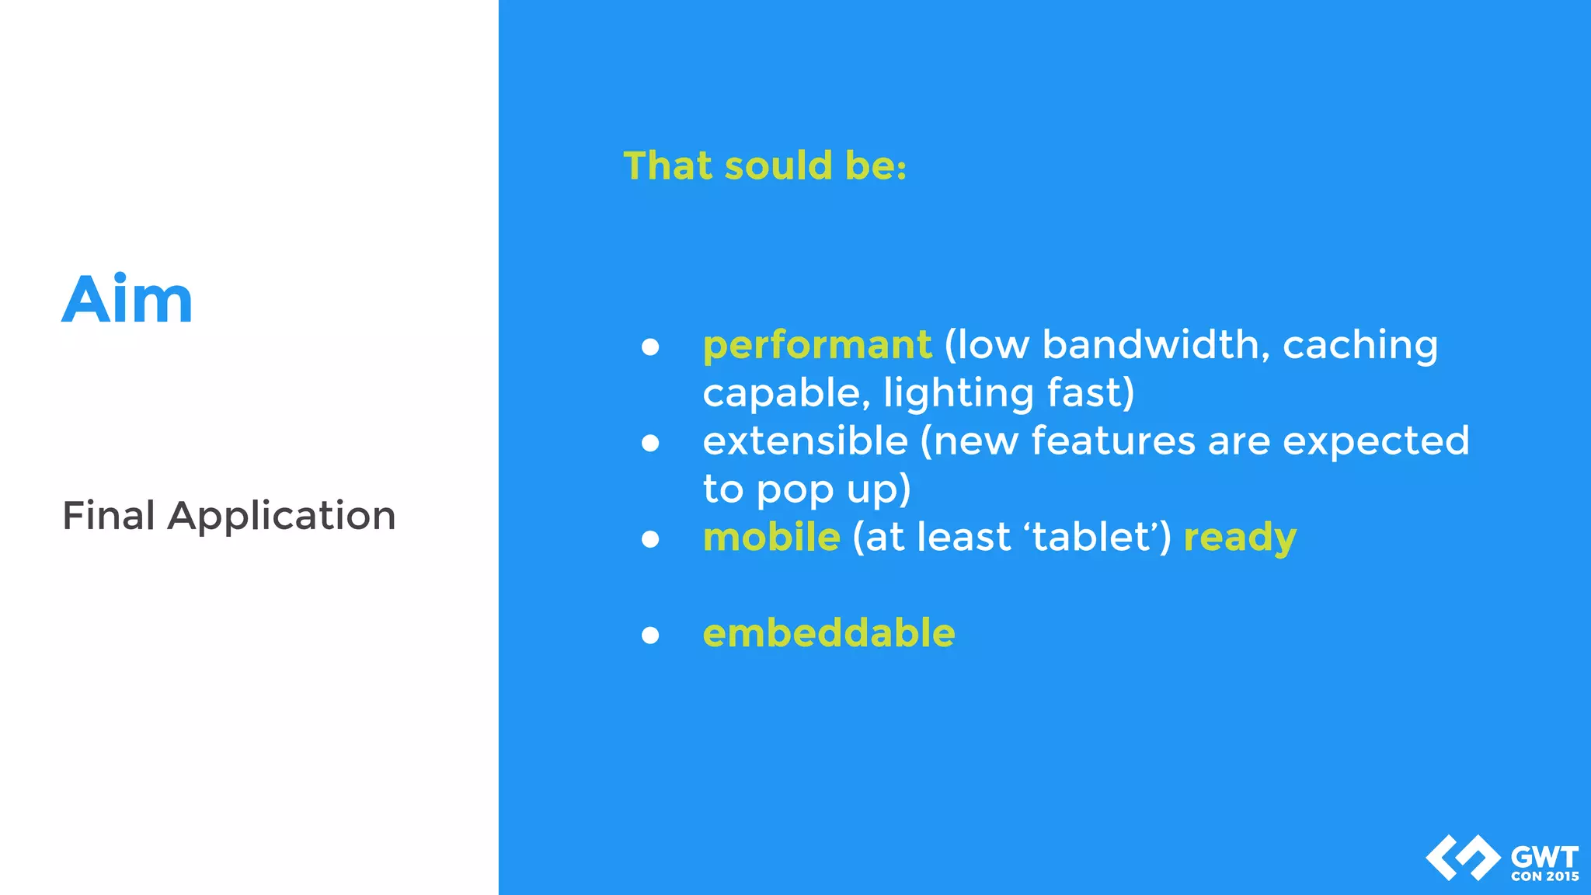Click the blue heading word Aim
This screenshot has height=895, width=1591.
pyautogui.click(x=127, y=300)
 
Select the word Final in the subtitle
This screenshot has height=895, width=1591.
pyautogui.click(x=109, y=516)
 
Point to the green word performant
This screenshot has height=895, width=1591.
pyautogui.click(x=816, y=345)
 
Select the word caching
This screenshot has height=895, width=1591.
pyautogui.click(x=1359, y=347)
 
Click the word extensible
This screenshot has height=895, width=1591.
pyautogui.click(x=805, y=441)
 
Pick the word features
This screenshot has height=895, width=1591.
pyautogui.click(x=1112, y=441)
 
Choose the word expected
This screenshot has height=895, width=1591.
pyautogui.click(x=1376, y=443)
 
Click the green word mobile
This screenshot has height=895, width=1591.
pyautogui.click(x=771, y=538)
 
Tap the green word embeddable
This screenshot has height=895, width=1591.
pyautogui.click(x=829, y=633)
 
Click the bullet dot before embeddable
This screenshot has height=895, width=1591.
pyautogui.click(x=650, y=636)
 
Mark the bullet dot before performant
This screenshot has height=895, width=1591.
pyautogui.click(x=650, y=347)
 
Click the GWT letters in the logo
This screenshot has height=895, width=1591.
pyautogui.click(x=1544, y=858)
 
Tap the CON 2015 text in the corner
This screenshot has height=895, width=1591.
pyautogui.click(x=1544, y=876)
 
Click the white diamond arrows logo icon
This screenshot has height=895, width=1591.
pyautogui.click(x=1463, y=858)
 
